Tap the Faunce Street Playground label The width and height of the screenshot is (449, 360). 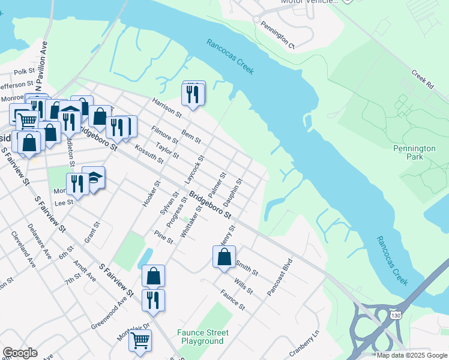(202, 337)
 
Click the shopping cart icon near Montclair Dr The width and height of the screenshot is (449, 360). (140, 340)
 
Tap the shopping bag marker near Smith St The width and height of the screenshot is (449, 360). (224, 257)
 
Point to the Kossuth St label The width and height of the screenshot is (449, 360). (149, 154)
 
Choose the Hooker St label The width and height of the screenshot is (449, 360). (152, 191)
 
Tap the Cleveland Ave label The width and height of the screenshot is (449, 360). (23, 248)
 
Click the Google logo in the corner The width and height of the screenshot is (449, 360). (20, 353)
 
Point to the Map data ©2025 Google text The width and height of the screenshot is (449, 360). (412, 355)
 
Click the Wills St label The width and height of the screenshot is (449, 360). (244, 287)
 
